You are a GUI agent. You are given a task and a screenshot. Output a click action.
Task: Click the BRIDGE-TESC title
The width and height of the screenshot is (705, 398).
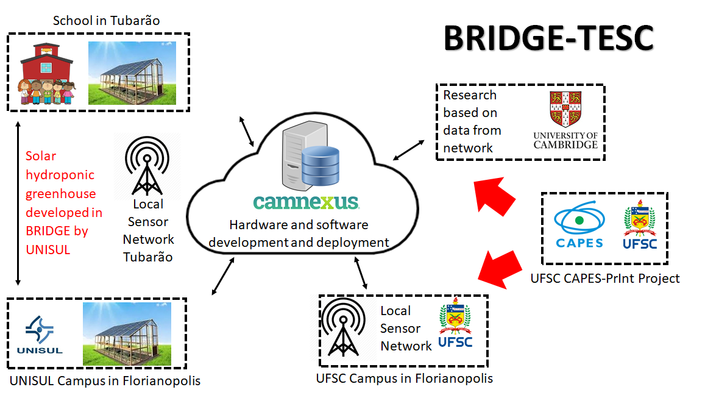click(548, 39)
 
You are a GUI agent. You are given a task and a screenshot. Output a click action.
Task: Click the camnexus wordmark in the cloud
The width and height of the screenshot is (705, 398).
click(297, 202)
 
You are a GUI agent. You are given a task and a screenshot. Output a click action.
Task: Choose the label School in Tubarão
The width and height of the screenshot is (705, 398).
click(106, 21)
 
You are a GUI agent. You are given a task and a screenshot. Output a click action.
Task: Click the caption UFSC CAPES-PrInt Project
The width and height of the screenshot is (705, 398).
click(605, 279)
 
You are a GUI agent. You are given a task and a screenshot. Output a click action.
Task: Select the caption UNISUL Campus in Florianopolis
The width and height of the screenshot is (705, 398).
click(105, 381)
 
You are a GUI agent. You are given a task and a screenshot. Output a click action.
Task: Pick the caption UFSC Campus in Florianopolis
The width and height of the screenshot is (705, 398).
click(404, 378)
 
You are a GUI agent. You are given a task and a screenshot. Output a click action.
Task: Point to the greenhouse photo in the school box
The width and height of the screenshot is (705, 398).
click(132, 73)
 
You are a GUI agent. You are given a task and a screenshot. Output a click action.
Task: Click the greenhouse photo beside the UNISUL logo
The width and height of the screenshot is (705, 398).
click(127, 333)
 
